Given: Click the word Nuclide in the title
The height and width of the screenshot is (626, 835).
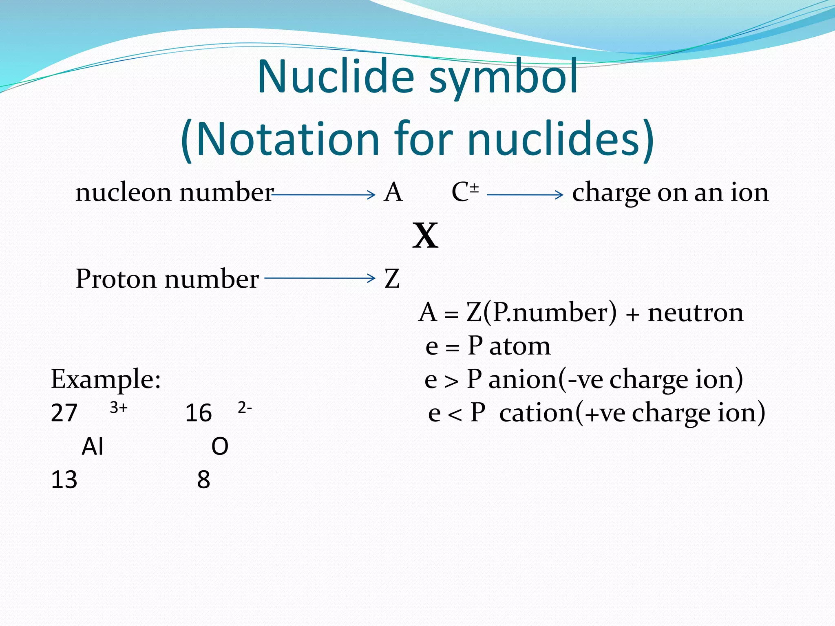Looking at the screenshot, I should (336, 77).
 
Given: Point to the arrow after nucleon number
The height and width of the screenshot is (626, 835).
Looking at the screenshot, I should (323, 195).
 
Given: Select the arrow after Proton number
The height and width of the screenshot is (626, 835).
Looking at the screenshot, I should (320, 278).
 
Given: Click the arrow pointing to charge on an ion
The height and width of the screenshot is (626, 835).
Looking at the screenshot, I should (525, 195).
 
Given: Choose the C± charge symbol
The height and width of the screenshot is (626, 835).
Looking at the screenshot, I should (465, 192).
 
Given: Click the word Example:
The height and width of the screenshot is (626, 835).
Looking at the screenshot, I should (106, 379).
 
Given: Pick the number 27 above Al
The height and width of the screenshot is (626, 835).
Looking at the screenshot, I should (64, 413).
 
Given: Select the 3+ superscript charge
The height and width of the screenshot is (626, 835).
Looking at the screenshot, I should (119, 407).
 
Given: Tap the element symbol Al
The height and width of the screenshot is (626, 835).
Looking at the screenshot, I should (93, 446).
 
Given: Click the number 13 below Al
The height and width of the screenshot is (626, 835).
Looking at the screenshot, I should (64, 480).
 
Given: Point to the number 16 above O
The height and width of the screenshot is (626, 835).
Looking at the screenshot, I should (198, 413).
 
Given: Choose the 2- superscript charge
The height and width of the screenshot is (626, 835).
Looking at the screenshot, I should (245, 407).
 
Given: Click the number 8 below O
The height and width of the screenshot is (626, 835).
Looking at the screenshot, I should (203, 480).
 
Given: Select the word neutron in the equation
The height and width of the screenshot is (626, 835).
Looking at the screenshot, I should (696, 313).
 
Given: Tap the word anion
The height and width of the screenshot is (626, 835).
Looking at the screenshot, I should (522, 379).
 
